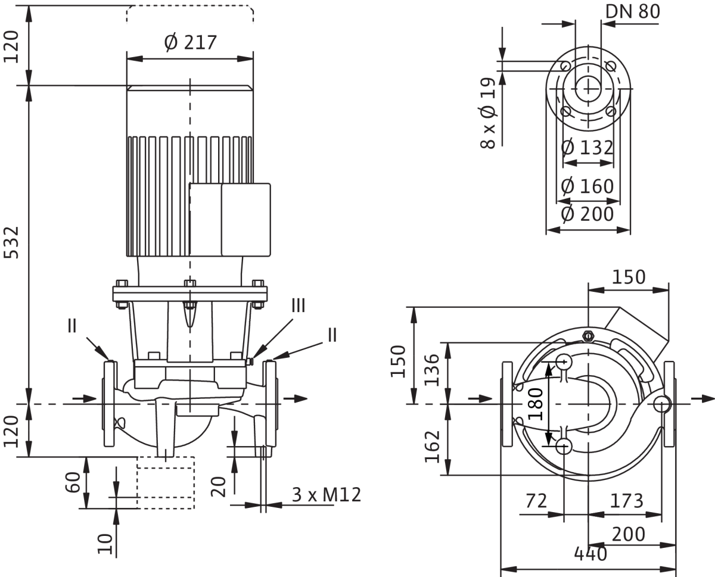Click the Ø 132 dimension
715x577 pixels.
[x=587, y=147]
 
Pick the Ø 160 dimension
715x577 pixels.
[x=587, y=186]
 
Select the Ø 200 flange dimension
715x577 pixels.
[x=587, y=213]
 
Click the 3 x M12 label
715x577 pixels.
[x=326, y=494]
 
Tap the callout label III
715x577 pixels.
[x=299, y=306]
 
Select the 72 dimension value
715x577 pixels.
[x=536, y=501]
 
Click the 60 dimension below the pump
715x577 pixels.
[x=73, y=482]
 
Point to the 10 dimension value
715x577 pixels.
[x=106, y=543]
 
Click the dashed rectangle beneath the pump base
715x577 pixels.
[x=166, y=482]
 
